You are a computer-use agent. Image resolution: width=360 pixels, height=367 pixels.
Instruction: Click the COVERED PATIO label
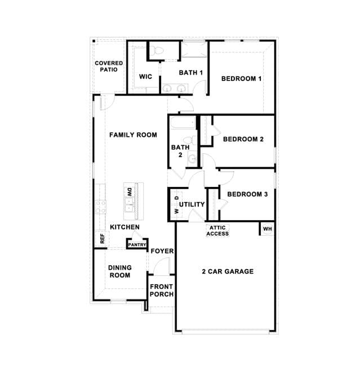pos(109,66)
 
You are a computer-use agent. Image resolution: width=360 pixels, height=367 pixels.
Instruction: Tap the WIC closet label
pos(145,77)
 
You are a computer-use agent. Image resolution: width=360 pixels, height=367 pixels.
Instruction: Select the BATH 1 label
pos(191,73)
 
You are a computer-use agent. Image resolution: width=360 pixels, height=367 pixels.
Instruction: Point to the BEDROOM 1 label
pos(241,79)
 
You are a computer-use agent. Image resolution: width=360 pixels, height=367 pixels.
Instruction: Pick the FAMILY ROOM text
pos(133,135)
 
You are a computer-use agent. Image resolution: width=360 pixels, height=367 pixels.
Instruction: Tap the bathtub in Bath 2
pos(183,123)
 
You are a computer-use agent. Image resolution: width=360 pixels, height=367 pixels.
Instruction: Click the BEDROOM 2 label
pos(243,139)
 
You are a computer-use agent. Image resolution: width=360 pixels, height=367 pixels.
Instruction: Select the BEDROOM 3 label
pos(247,194)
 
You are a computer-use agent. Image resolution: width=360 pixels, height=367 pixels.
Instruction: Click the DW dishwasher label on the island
pos(130,192)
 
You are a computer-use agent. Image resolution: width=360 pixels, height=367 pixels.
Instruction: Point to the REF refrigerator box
pos(102,239)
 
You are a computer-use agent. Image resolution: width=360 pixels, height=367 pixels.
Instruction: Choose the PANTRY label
pos(137,245)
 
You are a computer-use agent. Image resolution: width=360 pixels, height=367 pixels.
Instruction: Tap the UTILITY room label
pos(192,204)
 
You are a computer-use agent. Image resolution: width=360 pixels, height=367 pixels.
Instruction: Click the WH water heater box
pos(267,229)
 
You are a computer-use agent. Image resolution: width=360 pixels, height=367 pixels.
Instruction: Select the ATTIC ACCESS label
pos(217,231)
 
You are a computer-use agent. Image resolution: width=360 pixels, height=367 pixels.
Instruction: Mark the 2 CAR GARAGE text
pos(228,271)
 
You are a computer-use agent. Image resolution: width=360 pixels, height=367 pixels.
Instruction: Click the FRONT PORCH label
pos(162,290)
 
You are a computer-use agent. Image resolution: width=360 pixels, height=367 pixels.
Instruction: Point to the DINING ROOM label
pos(120,271)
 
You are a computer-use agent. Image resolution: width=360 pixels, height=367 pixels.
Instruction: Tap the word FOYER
pos(162,251)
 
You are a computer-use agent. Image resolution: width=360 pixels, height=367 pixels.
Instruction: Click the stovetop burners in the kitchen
pos(100,207)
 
